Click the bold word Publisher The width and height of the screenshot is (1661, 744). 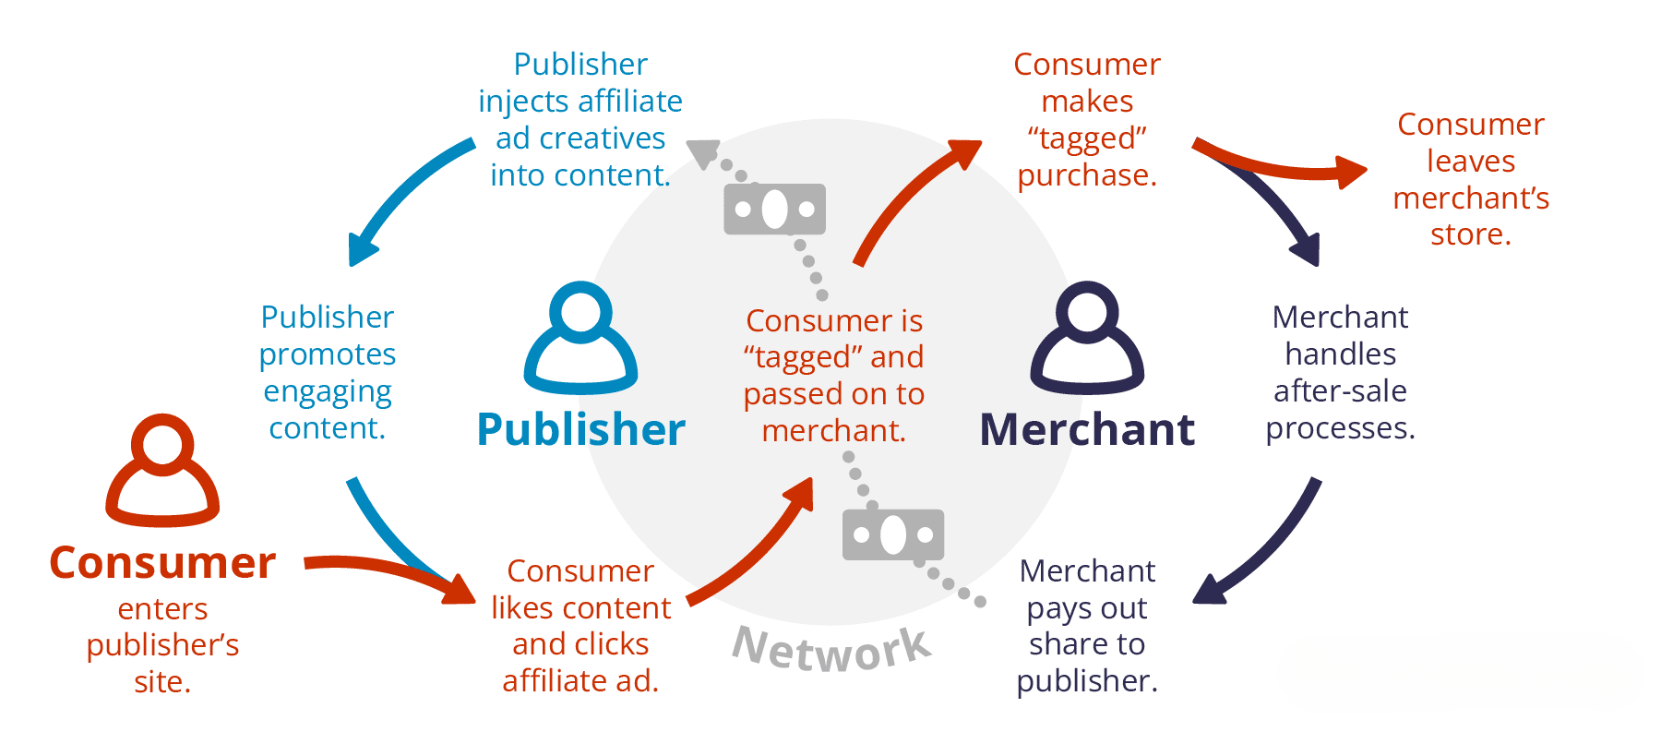tap(581, 429)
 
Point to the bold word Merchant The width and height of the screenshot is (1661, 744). tap(1087, 429)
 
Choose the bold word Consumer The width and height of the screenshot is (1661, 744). tap(162, 562)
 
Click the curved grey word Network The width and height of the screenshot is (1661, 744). tap(832, 649)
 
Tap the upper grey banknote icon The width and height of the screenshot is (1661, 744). tap(774, 210)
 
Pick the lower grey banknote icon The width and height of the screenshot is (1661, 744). tap(893, 534)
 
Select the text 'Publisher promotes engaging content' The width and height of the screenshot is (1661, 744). tap(328, 372)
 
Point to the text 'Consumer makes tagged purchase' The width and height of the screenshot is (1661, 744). tap(1087, 119)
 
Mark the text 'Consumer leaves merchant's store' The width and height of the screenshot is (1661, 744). tap(1471, 179)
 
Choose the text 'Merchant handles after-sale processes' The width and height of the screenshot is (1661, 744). tap(1340, 372)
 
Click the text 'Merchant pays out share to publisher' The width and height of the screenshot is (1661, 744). tap(1087, 625)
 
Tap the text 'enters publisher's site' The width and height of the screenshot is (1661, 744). tap(162, 644)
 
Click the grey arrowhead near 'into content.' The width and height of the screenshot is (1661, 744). tap(703, 153)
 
